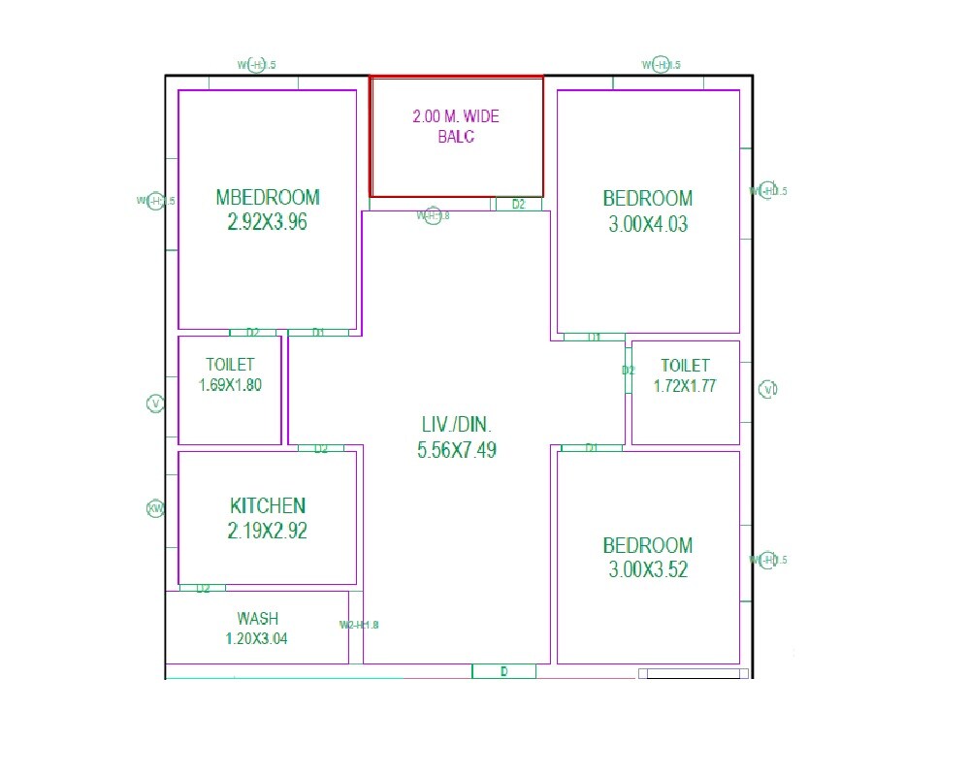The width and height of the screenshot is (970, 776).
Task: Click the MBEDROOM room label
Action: click(267, 197)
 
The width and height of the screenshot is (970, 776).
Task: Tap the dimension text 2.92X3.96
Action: click(267, 222)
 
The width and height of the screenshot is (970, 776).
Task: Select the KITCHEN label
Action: click(268, 505)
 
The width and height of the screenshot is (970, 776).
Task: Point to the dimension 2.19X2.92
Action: click(268, 531)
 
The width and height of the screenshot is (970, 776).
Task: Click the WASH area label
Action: click(257, 618)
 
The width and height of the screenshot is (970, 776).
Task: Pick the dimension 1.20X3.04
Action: click(257, 638)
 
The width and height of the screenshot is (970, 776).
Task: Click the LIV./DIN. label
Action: click(456, 425)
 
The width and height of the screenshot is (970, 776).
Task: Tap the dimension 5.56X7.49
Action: click(456, 450)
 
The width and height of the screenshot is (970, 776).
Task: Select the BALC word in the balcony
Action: click(456, 137)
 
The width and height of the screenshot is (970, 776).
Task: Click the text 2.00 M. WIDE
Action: click(456, 116)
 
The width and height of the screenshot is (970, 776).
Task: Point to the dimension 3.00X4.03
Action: click(648, 224)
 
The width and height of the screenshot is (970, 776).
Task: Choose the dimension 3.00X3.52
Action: click(648, 569)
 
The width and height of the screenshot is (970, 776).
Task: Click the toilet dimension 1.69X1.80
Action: click(230, 384)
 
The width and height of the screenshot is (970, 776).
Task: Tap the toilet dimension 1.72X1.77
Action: click(685, 385)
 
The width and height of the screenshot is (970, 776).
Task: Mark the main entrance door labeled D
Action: click(503, 671)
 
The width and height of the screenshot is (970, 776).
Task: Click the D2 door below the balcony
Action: click(519, 204)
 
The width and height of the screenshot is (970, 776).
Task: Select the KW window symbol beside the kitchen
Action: click(155, 508)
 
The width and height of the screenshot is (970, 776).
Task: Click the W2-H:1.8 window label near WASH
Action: click(359, 625)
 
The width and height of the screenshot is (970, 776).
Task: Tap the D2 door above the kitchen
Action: click(321, 448)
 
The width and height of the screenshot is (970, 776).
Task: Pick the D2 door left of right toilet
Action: click(629, 370)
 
